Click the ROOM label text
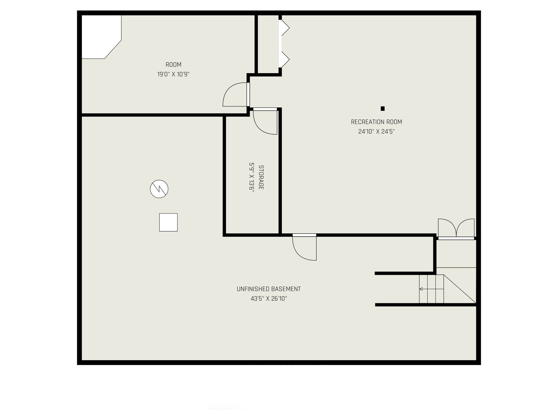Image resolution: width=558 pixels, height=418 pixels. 173,65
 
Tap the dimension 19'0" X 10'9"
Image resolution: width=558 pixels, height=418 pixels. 173,74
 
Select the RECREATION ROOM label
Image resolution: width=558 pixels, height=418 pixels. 376,122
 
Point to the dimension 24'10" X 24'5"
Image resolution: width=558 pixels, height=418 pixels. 376,132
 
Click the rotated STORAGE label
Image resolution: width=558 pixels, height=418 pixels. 261,177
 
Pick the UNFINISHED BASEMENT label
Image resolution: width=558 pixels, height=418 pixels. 269,289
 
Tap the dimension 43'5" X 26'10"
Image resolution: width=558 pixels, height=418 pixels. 269,299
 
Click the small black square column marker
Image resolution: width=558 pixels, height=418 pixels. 383,109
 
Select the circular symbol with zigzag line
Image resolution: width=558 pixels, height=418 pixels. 159,189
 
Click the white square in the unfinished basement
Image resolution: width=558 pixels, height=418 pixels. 168,222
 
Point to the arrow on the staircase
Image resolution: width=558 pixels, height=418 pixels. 421,289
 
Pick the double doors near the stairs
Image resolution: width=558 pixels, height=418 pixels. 456,229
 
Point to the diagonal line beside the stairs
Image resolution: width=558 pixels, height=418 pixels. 460,289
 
